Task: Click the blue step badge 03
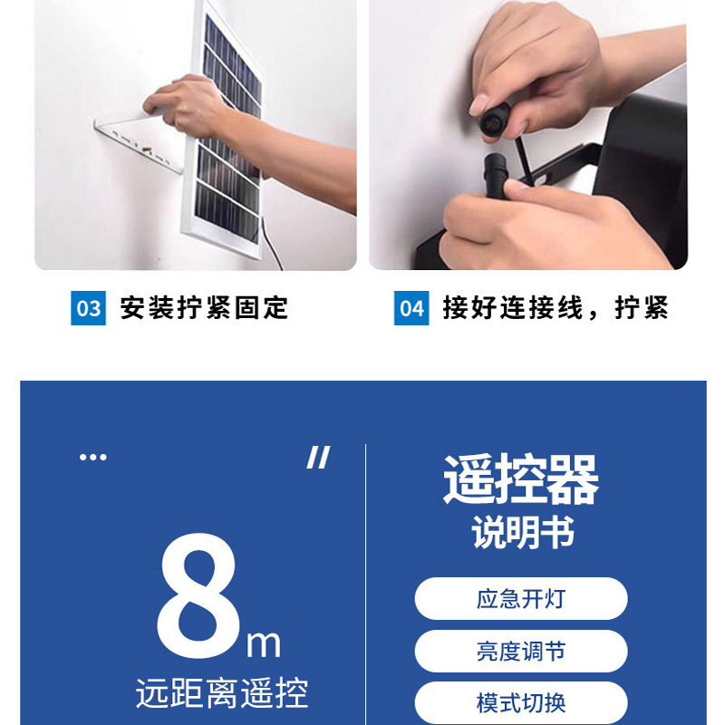click(x=88, y=308)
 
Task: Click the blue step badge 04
click(x=411, y=308)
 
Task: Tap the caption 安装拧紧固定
click(x=204, y=308)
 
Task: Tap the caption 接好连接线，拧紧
click(x=556, y=308)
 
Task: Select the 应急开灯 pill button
click(x=521, y=598)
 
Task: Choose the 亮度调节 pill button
click(x=521, y=651)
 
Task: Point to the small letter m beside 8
click(x=263, y=643)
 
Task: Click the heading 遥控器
click(x=521, y=479)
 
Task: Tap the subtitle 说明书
click(x=523, y=533)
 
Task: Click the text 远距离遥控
click(x=222, y=693)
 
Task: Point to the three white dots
click(x=93, y=458)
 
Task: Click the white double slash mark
click(x=318, y=458)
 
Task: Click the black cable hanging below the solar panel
click(x=272, y=243)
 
